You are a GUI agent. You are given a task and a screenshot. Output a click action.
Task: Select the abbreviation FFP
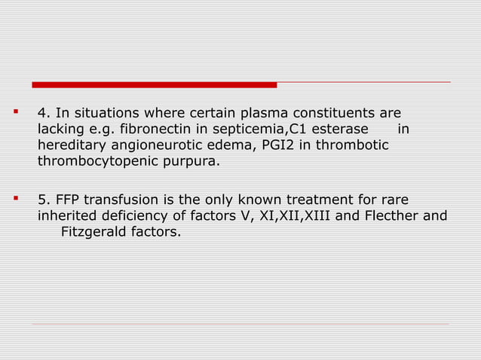coord(68,200)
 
